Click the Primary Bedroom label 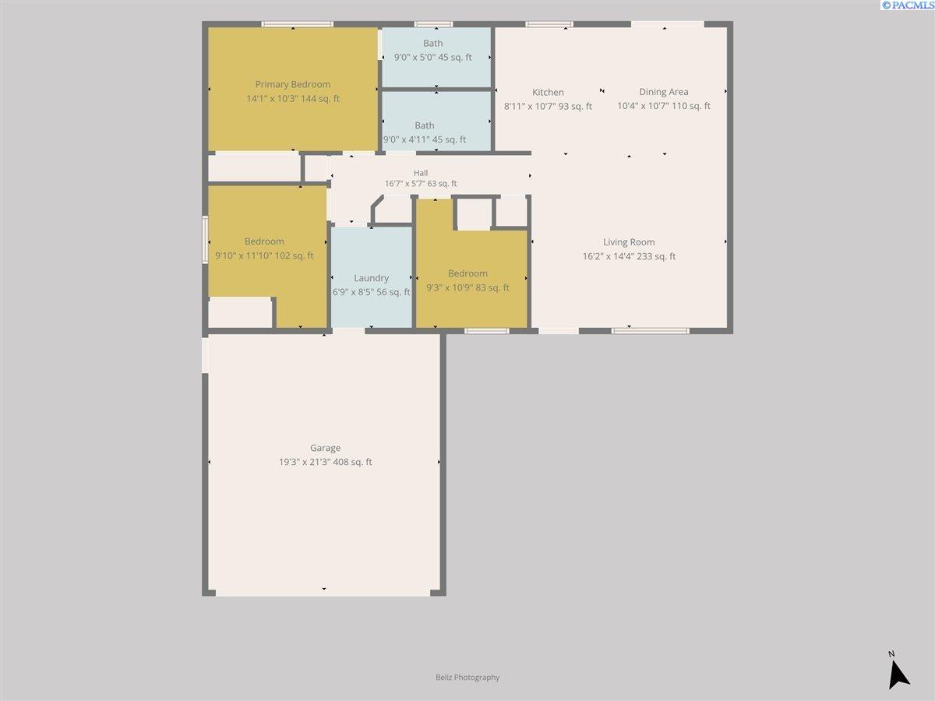point(293,84)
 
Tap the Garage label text point(325,448)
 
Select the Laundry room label point(371,278)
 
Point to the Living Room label point(629,242)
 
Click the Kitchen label point(548,92)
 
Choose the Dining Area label point(664,91)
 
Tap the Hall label point(421,173)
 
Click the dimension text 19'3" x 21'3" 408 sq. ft point(326,462)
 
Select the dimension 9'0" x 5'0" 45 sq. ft point(432,57)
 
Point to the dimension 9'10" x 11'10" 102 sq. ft point(264,255)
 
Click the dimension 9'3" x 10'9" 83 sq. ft point(467,287)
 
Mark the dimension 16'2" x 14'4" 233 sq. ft point(629,256)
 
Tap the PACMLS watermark point(907,5)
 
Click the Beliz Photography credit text point(467,677)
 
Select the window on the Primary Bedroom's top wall point(298,24)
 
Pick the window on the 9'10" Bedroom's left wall point(205,240)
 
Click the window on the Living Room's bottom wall point(651,331)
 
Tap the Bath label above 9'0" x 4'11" point(425,125)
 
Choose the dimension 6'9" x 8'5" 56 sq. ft point(371,292)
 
